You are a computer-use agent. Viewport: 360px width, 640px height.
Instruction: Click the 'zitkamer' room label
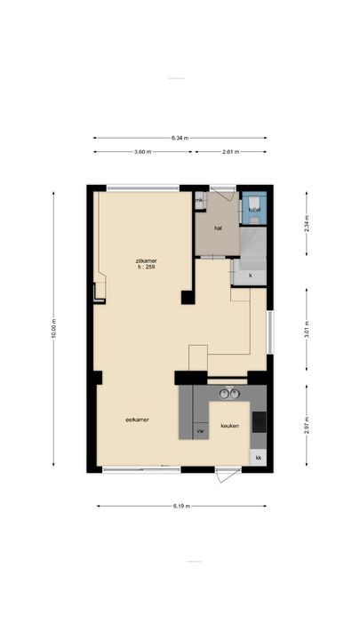pyautogui.click(x=146, y=260)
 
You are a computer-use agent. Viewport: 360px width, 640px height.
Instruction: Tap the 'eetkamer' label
pyautogui.click(x=136, y=420)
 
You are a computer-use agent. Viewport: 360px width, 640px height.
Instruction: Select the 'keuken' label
pyautogui.click(x=230, y=425)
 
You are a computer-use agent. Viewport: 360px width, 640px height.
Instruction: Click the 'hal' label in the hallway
pyautogui.click(x=218, y=228)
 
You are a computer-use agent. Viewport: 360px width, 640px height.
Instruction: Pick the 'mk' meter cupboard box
pyautogui.click(x=200, y=201)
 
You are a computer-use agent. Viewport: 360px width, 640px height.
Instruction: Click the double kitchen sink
pyautogui.click(x=229, y=393)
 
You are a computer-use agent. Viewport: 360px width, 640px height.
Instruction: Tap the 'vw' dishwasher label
pyautogui.click(x=200, y=431)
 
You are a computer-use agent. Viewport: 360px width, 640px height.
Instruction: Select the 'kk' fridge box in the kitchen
pyautogui.click(x=259, y=458)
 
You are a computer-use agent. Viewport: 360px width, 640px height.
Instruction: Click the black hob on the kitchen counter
pyautogui.click(x=259, y=422)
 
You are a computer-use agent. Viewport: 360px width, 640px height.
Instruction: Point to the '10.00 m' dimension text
pyautogui.click(x=53, y=328)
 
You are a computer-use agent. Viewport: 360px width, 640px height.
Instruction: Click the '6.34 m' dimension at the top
pyautogui.click(x=180, y=138)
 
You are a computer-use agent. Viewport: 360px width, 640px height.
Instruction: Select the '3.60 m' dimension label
pyautogui.click(x=142, y=152)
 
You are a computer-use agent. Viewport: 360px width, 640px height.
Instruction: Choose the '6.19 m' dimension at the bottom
pyautogui.click(x=180, y=507)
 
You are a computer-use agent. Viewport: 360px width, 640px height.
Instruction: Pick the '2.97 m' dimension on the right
pyautogui.click(x=307, y=425)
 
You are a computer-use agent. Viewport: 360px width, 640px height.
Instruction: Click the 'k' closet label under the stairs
pyautogui.click(x=251, y=276)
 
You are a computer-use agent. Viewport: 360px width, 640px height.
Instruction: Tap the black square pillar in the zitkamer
pyautogui.click(x=188, y=297)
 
